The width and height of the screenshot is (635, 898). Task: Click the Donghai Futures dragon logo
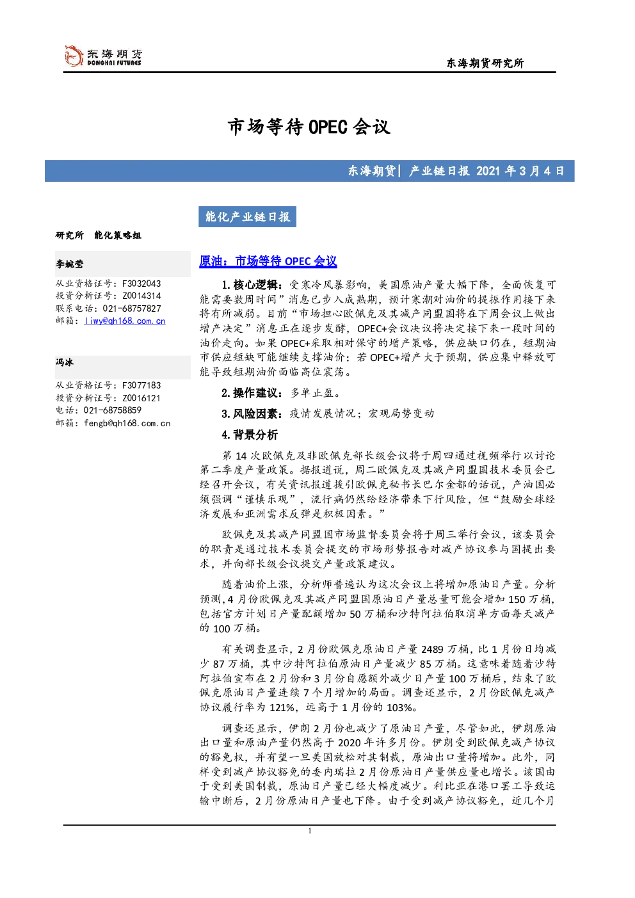point(74,56)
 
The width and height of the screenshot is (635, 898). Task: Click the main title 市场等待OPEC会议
point(309,127)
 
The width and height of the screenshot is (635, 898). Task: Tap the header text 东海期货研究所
point(485,63)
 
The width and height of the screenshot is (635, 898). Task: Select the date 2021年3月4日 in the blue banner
point(520,171)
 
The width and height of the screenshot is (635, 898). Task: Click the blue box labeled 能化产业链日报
point(247,217)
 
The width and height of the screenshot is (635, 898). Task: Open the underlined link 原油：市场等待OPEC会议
point(268,261)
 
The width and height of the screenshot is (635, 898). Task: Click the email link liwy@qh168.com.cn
point(125,321)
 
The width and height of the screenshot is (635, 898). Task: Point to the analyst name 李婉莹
point(69,264)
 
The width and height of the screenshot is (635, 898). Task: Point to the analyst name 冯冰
point(65,362)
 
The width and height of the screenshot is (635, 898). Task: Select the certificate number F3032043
point(141,284)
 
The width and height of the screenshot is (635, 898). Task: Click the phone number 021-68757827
point(132,309)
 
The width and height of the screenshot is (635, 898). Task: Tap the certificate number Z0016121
point(141,398)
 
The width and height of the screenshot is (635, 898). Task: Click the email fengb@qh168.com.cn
point(127,423)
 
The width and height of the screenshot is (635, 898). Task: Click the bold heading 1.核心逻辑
point(252,285)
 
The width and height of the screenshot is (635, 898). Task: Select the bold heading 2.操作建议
point(252,393)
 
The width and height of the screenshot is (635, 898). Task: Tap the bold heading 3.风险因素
point(252,413)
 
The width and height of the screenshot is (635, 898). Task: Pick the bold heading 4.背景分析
point(250,435)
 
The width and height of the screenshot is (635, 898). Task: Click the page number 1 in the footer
point(309,831)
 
